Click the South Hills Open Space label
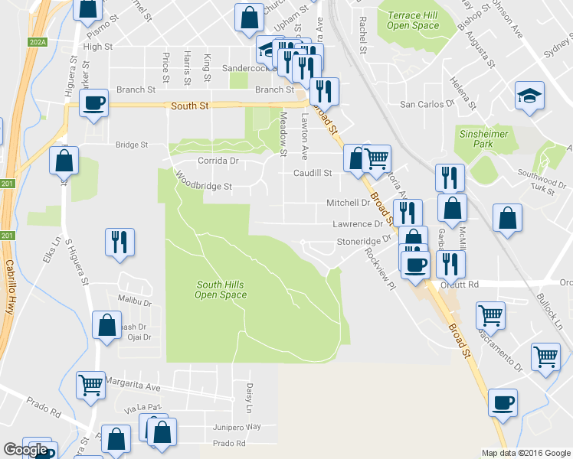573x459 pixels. coord(221,289)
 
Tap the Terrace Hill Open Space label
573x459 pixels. coord(413,20)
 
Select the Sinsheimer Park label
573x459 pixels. coord(483,138)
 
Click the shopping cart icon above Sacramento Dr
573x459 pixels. coord(490,314)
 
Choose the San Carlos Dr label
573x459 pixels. coord(423,104)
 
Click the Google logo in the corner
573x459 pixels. coord(25,450)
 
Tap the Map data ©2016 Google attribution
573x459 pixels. coord(526,453)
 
